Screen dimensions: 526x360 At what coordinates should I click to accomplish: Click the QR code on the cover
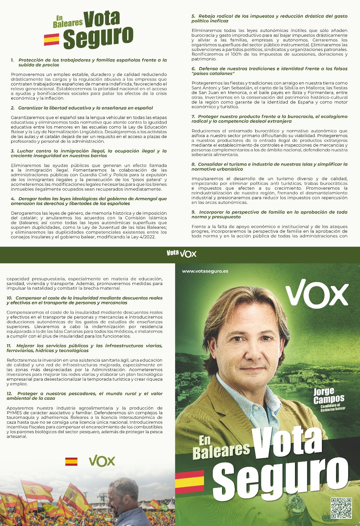pyautogui.click(x=341, y=508)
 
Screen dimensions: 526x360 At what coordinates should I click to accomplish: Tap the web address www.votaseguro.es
pyautogui.click(x=205, y=271)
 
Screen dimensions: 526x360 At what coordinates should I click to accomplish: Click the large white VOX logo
pyautogui.click(x=317, y=292)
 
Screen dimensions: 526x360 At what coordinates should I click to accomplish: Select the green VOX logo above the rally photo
pyautogui.click(x=102, y=461)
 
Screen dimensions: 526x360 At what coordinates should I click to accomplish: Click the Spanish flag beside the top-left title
pyautogui.click(x=52, y=39)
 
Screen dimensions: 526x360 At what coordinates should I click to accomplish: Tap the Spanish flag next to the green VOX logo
pyautogui.click(x=71, y=461)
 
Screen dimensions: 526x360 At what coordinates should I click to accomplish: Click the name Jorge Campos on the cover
pyautogui.click(x=328, y=395)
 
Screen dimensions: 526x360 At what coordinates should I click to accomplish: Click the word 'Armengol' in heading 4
pyautogui.click(x=145, y=199)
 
